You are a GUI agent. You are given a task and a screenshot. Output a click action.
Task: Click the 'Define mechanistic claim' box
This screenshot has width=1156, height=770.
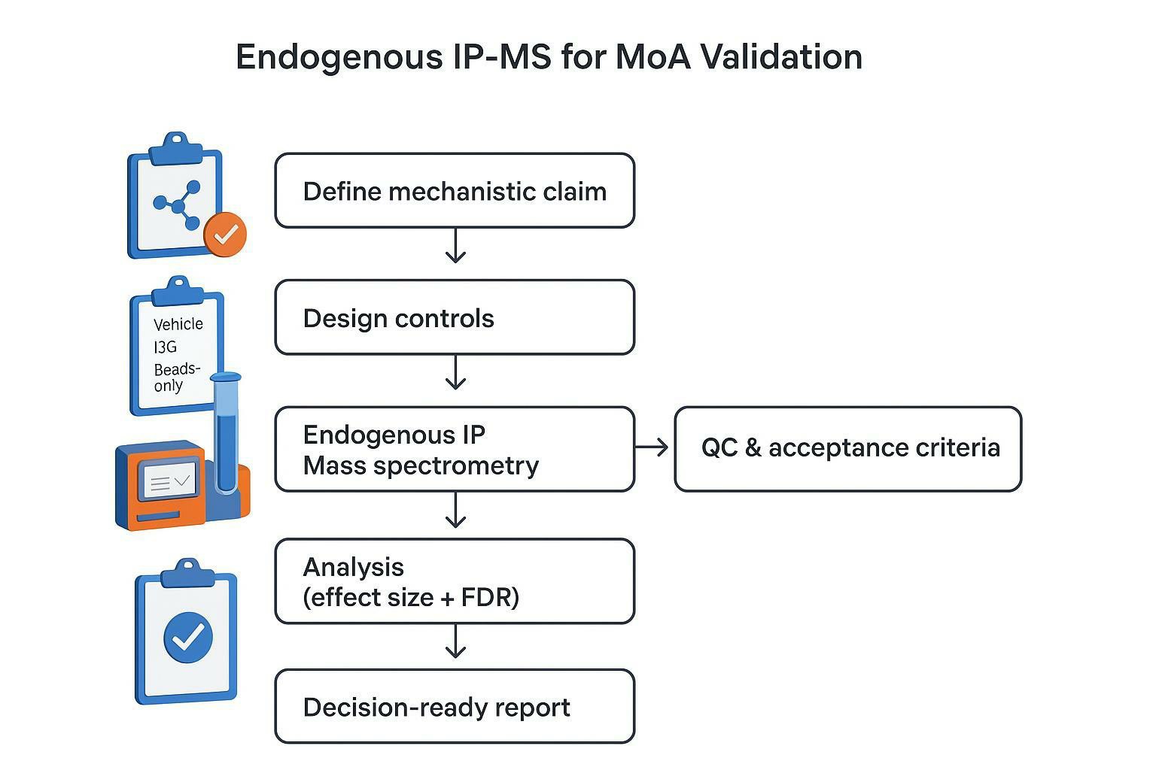click(455, 191)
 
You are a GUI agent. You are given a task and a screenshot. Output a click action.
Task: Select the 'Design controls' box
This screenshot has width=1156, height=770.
click(455, 317)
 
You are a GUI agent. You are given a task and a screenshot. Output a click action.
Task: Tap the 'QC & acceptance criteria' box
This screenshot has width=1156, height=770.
click(848, 448)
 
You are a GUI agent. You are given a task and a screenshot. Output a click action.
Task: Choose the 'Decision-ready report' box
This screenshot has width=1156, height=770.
click(455, 707)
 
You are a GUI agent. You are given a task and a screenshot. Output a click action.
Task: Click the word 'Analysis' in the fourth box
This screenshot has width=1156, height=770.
click(353, 567)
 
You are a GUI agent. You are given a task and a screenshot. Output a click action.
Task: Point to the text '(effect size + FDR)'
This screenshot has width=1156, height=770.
click(411, 598)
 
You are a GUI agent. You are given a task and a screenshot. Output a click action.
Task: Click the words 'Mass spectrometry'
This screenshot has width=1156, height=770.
click(421, 465)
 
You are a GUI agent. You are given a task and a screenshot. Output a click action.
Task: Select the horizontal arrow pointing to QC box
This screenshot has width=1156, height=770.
click(652, 448)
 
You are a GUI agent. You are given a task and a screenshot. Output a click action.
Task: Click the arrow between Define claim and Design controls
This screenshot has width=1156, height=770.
click(455, 247)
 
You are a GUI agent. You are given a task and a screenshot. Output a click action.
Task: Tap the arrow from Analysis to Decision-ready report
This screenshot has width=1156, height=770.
click(455, 641)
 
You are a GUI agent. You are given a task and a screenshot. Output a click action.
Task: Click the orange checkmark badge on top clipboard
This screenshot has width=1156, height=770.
click(225, 235)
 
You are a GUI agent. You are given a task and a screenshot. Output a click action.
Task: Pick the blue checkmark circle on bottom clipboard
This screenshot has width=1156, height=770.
click(187, 638)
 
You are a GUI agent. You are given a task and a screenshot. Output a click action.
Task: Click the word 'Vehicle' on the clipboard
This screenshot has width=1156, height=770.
click(178, 324)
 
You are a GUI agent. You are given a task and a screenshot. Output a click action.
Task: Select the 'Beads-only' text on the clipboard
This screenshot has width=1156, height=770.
click(175, 377)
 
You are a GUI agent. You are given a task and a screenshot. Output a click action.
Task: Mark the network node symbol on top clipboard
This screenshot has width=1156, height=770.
click(178, 204)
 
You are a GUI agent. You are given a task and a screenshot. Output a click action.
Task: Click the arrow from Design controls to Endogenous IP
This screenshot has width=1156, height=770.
click(455, 373)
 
